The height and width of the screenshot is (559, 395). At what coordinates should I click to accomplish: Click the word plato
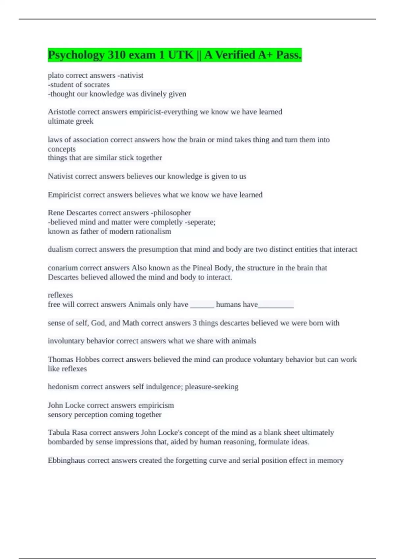(56, 76)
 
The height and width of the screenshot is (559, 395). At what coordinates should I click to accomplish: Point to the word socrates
(97, 85)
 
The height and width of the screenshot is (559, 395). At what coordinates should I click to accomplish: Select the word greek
(85, 121)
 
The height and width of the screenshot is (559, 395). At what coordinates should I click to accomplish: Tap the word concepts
(62, 149)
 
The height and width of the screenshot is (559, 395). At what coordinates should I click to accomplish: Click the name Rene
(56, 213)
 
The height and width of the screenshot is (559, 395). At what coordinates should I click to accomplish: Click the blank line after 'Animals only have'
(202, 305)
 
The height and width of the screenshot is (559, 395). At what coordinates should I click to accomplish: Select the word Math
(130, 323)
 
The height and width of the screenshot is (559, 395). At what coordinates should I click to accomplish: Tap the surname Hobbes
(88, 359)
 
